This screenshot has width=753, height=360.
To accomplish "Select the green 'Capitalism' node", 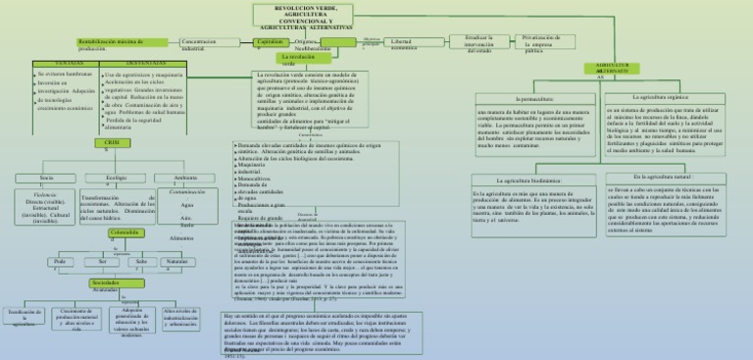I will [272, 42].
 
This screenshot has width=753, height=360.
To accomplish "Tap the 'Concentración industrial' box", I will [208, 43].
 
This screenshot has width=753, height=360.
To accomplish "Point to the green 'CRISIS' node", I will [115, 142].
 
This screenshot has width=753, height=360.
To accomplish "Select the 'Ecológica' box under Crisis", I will [115, 178].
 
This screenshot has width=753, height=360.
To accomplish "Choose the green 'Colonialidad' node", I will [125, 231].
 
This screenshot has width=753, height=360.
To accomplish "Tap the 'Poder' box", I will [59, 262].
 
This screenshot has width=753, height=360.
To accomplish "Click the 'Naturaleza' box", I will [176, 262].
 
